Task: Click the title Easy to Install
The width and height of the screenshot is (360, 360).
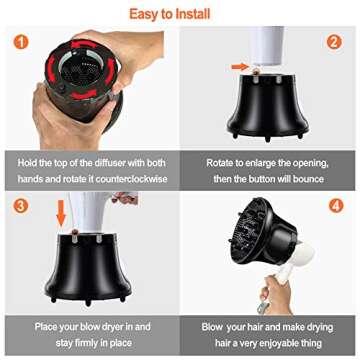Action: coord(170,14)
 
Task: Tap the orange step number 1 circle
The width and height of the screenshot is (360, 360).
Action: coord(21,42)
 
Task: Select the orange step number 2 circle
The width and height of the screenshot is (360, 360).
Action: coord(334,42)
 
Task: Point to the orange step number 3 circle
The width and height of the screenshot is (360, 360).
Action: coord(21,206)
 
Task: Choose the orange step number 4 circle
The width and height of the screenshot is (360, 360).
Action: coord(336,206)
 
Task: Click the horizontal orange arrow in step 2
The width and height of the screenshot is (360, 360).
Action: coord(240,67)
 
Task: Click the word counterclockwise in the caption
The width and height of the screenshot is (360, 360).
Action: coord(132,179)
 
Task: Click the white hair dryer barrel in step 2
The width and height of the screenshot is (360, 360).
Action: coord(268,46)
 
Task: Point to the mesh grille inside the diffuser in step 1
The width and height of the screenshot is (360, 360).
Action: coord(81,70)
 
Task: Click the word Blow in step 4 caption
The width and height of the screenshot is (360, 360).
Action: coord(212,327)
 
